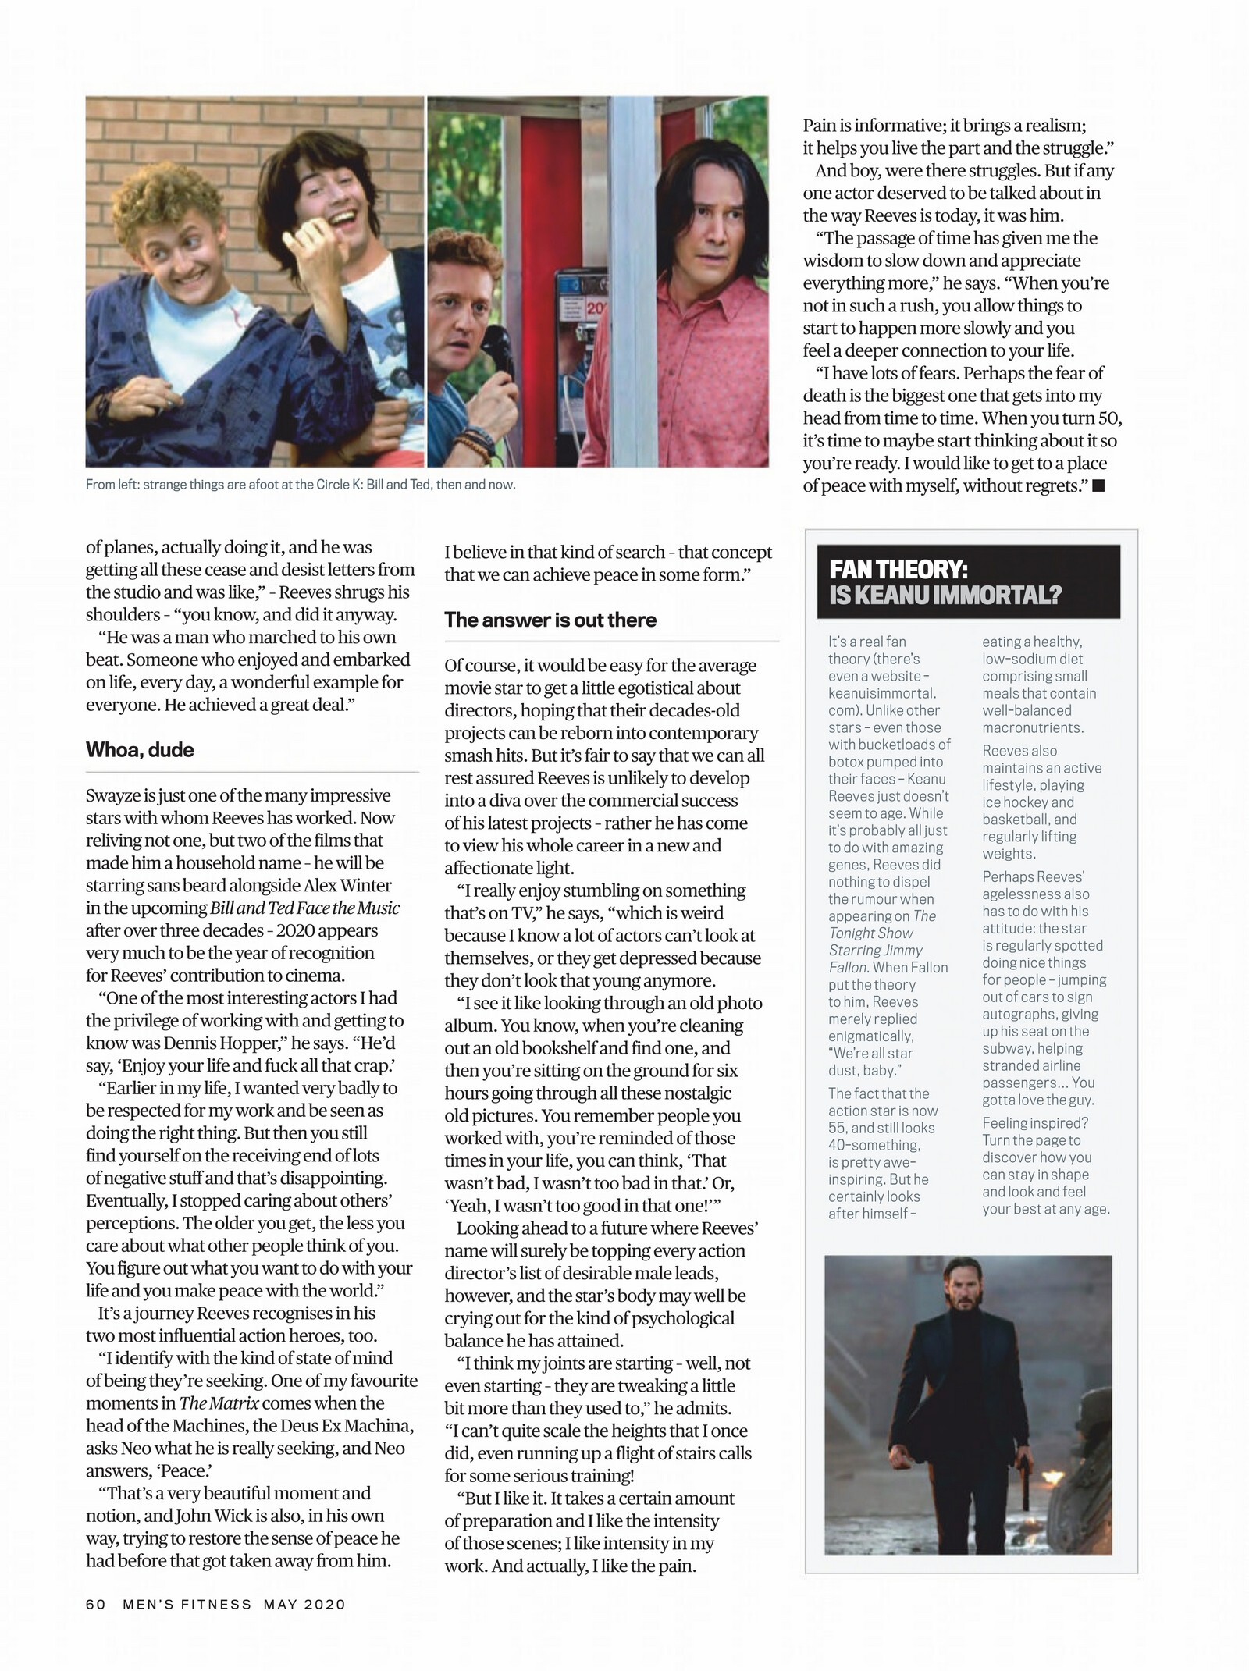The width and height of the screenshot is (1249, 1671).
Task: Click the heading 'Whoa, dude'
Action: [140, 750]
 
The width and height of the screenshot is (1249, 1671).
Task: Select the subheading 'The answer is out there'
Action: [550, 620]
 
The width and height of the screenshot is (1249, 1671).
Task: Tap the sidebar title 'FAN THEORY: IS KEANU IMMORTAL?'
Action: [945, 582]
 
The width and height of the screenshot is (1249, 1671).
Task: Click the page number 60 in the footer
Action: [95, 1605]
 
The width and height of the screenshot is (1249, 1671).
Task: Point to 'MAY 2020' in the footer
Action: [304, 1605]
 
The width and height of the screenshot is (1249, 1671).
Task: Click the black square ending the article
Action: [1098, 486]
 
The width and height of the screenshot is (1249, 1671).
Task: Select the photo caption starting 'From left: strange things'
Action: [301, 485]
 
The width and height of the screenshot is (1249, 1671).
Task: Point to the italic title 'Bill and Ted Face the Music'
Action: [304, 908]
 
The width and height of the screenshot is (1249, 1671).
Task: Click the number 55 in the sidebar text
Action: [837, 1128]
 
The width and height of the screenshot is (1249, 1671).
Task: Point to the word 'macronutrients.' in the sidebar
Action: [1032, 727]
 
